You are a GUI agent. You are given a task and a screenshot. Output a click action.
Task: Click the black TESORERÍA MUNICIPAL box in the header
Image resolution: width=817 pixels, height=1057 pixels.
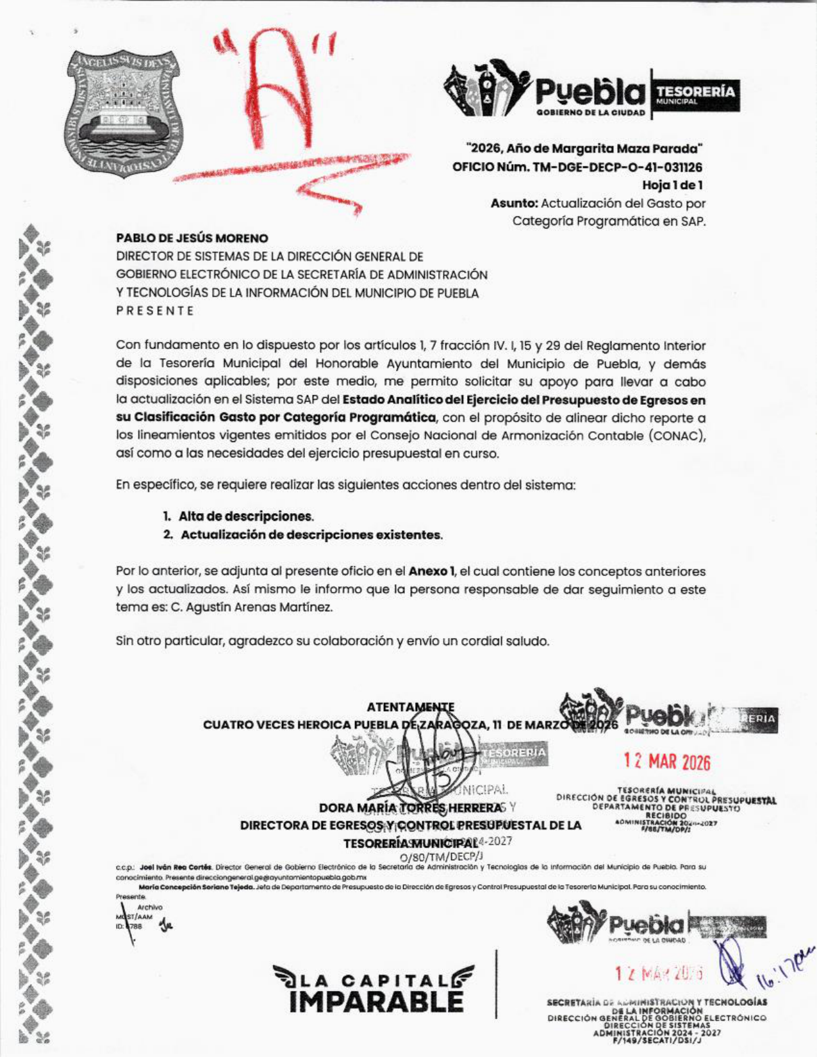tap(695, 95)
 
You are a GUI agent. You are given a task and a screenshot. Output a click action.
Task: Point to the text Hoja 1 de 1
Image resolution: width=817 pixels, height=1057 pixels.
tap(673, 186)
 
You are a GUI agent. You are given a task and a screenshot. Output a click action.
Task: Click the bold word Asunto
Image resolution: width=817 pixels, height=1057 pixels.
tap(514, 204)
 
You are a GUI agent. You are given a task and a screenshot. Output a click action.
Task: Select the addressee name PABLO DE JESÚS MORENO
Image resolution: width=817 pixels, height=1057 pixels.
tap(192, 238)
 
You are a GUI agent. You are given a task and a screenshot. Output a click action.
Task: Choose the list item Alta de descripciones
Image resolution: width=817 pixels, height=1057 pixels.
tap(246, 516)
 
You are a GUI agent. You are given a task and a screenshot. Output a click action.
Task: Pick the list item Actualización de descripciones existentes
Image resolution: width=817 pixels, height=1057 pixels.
tap(311, 535)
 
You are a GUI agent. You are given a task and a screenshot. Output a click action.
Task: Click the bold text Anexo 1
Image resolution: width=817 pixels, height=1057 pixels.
tap(432, 571)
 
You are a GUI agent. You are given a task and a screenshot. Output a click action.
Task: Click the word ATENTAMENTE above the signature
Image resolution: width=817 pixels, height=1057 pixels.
tap(411, 708)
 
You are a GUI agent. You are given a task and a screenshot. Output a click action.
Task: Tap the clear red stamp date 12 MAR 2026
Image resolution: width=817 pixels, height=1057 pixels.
tap(667, 762)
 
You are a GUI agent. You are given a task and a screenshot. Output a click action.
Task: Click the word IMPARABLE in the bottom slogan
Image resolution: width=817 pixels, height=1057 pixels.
tap(375, 1001)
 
